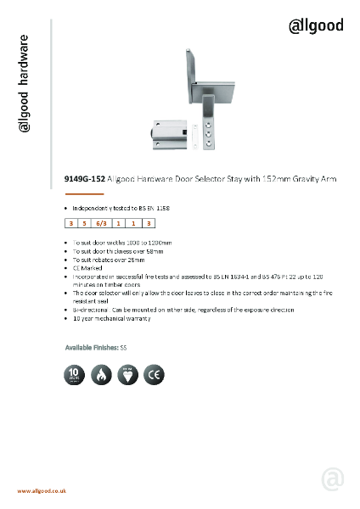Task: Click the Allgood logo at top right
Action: [317, 25]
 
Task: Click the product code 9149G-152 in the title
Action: [85, 180]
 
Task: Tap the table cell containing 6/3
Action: [101, 224]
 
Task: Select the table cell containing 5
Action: [85, 224]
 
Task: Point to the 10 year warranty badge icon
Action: [75, 374]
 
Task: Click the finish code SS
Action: [124, 348]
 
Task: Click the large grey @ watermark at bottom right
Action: [332, 479]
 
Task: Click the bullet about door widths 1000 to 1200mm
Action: [121, 242]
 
